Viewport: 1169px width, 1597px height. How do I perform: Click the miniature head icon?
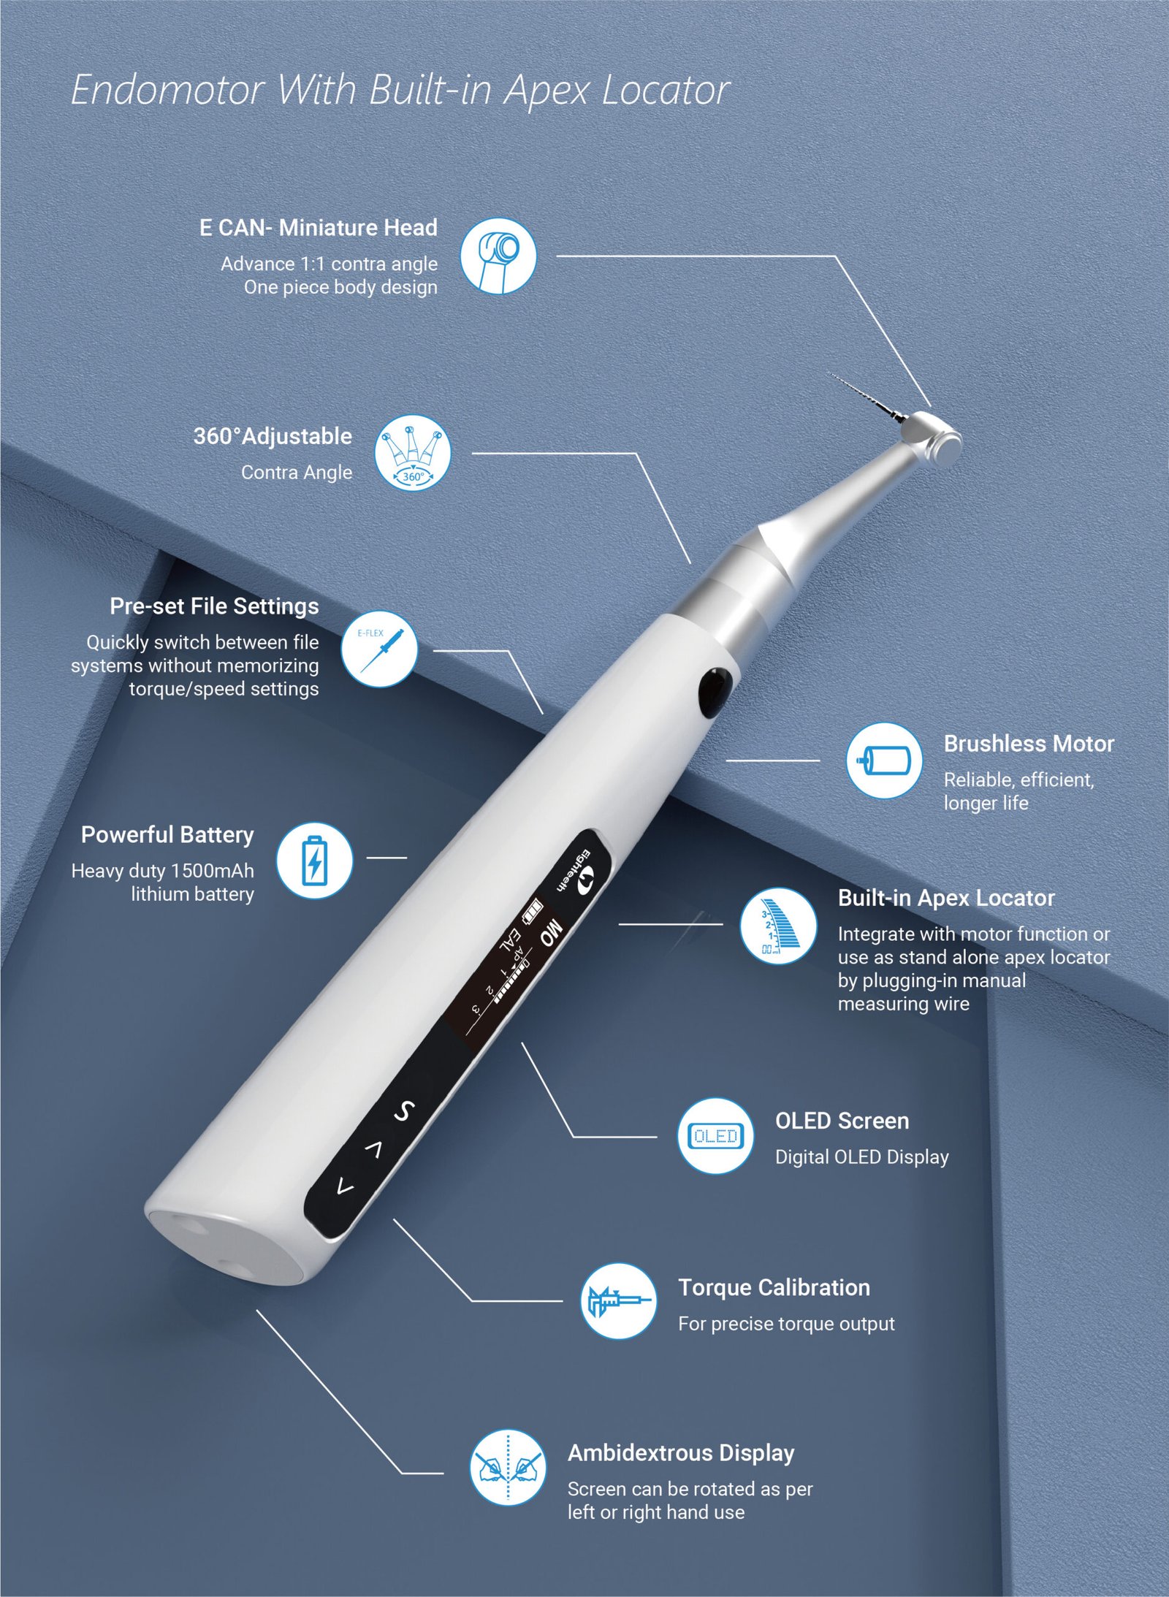498,256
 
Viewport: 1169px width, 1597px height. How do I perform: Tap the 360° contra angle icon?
413,453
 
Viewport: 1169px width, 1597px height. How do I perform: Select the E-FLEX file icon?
379,649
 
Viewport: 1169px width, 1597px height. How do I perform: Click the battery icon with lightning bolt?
314,860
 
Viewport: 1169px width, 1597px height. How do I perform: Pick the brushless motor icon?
884,760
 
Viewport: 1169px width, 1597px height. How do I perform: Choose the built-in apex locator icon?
778,926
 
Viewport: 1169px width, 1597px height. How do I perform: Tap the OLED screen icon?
715,1136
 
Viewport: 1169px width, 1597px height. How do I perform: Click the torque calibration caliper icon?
619,1301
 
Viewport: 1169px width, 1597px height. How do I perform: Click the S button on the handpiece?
404,1111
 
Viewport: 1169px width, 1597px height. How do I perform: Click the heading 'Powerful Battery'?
167,834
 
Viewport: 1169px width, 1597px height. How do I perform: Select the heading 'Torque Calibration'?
774,1287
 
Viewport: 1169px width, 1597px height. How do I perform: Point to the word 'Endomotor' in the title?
167,91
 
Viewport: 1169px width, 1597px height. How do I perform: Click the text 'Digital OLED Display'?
861,1157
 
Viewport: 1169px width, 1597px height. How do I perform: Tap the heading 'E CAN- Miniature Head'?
318,228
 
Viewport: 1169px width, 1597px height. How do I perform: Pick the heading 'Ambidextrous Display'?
681,1453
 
